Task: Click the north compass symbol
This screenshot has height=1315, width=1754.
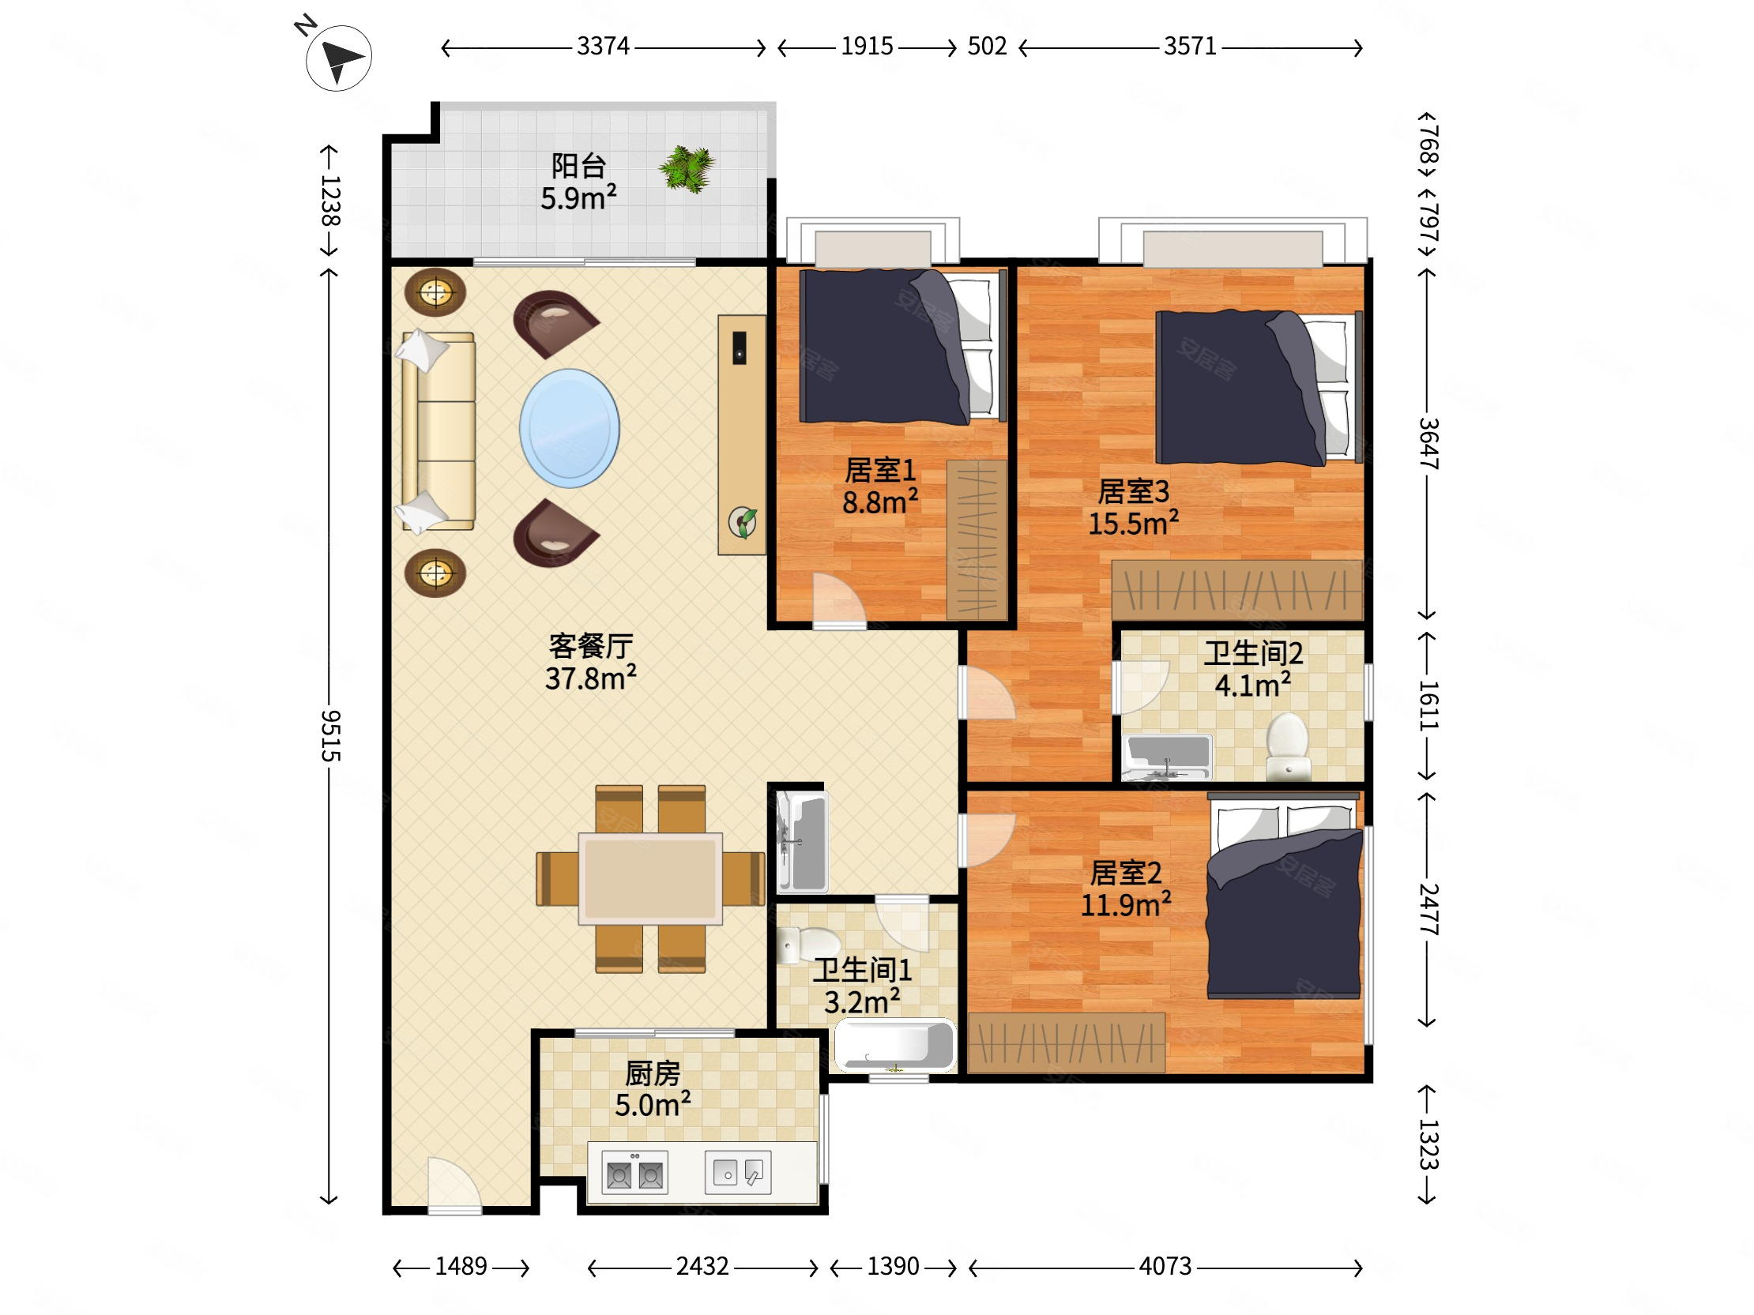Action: pyautogui.click(x=339, y=58)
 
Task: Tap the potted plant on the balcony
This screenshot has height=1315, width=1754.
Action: pyautogui.click(x=687, y=168)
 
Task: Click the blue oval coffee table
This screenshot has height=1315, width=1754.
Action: pyautogui.click(x=570, y=428)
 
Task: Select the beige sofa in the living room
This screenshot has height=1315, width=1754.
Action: pyautogui.click(x=438, y=431)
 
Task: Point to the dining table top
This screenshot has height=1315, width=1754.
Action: pyautogui.click(x=650, y=878)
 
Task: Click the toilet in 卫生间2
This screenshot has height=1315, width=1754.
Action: pyautogui.click(x=1288, y=746)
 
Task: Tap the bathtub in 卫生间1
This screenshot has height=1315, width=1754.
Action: pyautogui.click(x=895, y=1045)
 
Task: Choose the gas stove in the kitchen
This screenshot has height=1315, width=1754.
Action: pyautogui.click(x=635, y=1172)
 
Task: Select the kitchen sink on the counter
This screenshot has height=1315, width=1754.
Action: pyautogui.click(x=738, y=1171)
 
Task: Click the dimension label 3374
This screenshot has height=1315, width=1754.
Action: pyautogui.click(x=603, y=46)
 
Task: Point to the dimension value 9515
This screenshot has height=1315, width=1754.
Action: pyautogui.click(x=331, y=735)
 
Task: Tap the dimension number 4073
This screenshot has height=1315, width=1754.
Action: pyautogui.click(x=1165, y=1266)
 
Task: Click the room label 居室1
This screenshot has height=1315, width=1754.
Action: pyautogui.click(x=880, y=471)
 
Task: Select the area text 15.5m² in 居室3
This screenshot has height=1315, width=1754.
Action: pyautogui.click(x=1133, y=523)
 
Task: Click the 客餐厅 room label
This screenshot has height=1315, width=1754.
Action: pyautogui.click(x=591, y=646)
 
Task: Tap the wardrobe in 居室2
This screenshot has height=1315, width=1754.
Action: pyautogui.click(x=1067, y=1043)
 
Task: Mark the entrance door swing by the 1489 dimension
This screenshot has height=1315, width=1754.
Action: pyautogui.click(x=454, y=1185)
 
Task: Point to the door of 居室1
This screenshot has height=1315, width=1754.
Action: pyautogui.click(x=840, y=600)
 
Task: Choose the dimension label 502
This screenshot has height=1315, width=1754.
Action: pyautogui.click(x=988, y=46)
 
